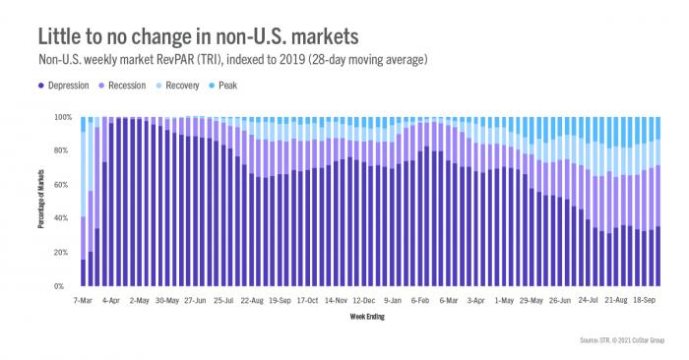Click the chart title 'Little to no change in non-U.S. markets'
click(198, 36)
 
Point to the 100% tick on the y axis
click(62, 117)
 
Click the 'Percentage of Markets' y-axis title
click(43, 202)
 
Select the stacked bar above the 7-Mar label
click(83, 202)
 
